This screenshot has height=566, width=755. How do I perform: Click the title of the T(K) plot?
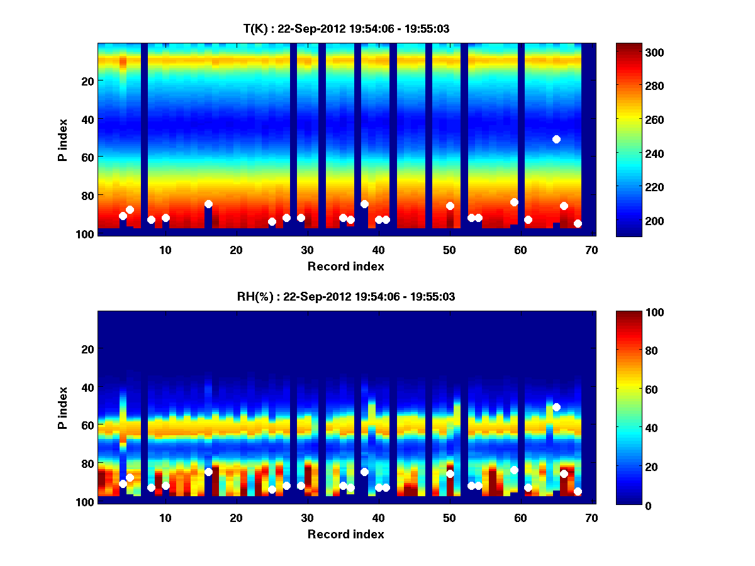tap(346, 29)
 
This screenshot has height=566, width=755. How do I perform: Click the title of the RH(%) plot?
tap(345, 297)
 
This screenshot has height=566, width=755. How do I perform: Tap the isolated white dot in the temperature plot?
tap(556, 139)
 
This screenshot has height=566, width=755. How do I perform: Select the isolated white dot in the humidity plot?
tap(556, 407)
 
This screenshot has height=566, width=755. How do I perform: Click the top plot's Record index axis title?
tap(345, 267)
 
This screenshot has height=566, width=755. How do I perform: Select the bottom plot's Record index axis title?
tap(345, 535)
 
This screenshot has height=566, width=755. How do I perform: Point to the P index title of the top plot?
tap(63, 140)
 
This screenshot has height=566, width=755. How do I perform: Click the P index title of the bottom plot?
tap(63, 408)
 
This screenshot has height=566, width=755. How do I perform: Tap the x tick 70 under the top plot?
tap(591, 250)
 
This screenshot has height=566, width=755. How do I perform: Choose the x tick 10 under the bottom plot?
tap(165, 518)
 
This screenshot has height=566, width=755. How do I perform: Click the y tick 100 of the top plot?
tap(86, 234)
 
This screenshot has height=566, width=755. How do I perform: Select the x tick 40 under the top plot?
tap(378, 250)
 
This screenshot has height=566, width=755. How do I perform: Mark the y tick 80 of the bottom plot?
tap(88, 463)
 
